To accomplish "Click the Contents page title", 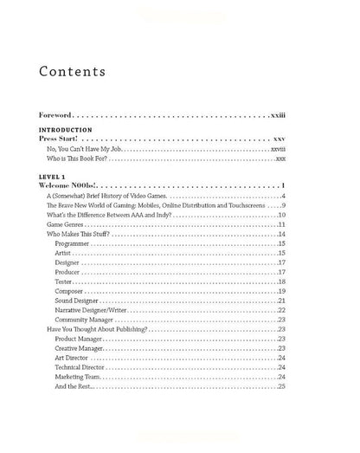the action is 73,71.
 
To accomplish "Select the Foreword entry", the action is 61,114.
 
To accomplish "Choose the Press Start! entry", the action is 64,138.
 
